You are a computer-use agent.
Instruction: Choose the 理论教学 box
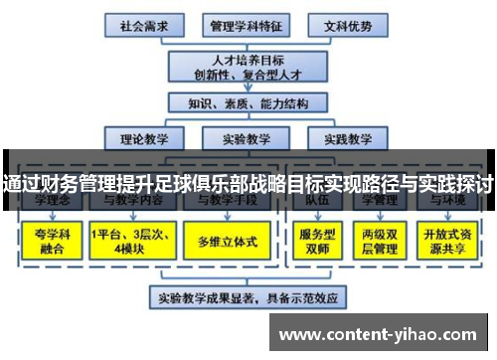143,138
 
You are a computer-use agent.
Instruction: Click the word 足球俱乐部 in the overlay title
210,184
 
